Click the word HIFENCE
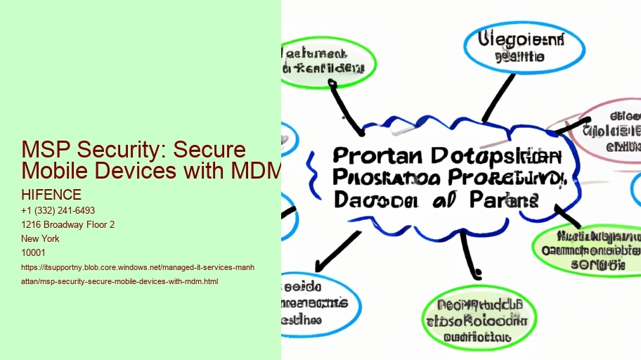[x=51, y=195]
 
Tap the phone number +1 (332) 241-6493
[x=58, y=210]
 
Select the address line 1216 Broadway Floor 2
[x=68, y=224]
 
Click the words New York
[x=41, y=238]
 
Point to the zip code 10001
[x=34, y=252]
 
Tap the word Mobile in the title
[x=56, y=169]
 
